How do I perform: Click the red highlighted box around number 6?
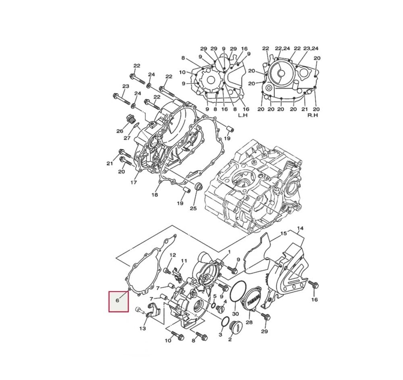[x=118, y=301]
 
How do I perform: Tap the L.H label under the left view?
[x=243, y=115]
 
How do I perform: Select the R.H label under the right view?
[x=313, y=115]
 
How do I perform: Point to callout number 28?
[x=249, y=323]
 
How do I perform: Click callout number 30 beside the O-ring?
[x=236, y=314]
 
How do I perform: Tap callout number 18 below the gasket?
[x=155, y=195]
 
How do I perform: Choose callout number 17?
[x=133, y=182]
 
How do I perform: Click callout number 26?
[x=120, y=132]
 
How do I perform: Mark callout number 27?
[x=127, y=138]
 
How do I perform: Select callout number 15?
[x=283, y=234]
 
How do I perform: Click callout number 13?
[x=142, y=328]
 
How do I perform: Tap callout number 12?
[x=172, y=255]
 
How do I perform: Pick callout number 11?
[x=184, y=261]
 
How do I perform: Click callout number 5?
[x=215, y=296]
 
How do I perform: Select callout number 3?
[x=220, y=335]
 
